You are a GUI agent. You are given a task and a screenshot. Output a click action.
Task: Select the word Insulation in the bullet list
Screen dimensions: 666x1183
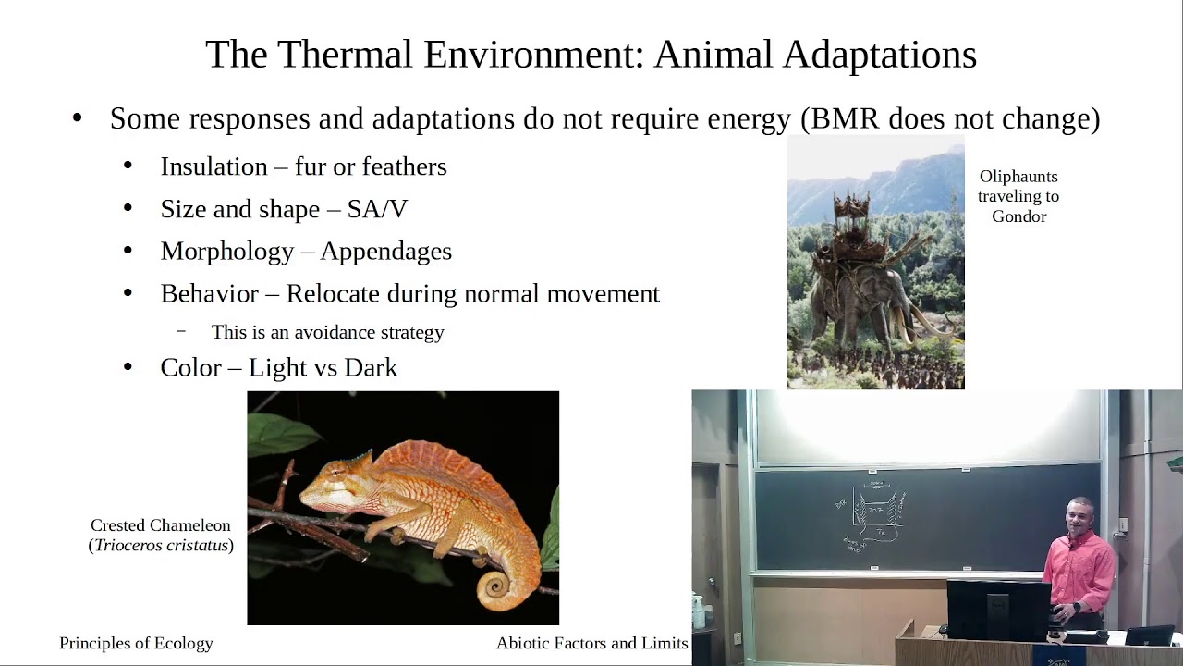(213, 166)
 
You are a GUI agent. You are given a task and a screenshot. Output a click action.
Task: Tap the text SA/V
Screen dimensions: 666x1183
(377, 209)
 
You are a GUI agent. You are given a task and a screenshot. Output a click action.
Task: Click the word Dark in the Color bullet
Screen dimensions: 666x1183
(371, 368)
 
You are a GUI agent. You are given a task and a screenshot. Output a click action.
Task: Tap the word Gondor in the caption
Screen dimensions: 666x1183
(1018, 216)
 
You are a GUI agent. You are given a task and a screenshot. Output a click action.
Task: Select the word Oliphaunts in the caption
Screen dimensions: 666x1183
(1018, 176)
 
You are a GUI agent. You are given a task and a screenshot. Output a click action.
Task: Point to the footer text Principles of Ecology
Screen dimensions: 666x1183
(136, 643)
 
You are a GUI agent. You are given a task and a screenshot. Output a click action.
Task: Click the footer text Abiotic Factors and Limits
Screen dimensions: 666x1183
(591, 643)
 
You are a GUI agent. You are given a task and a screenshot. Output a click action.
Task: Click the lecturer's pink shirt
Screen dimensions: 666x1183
(1079, 569)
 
